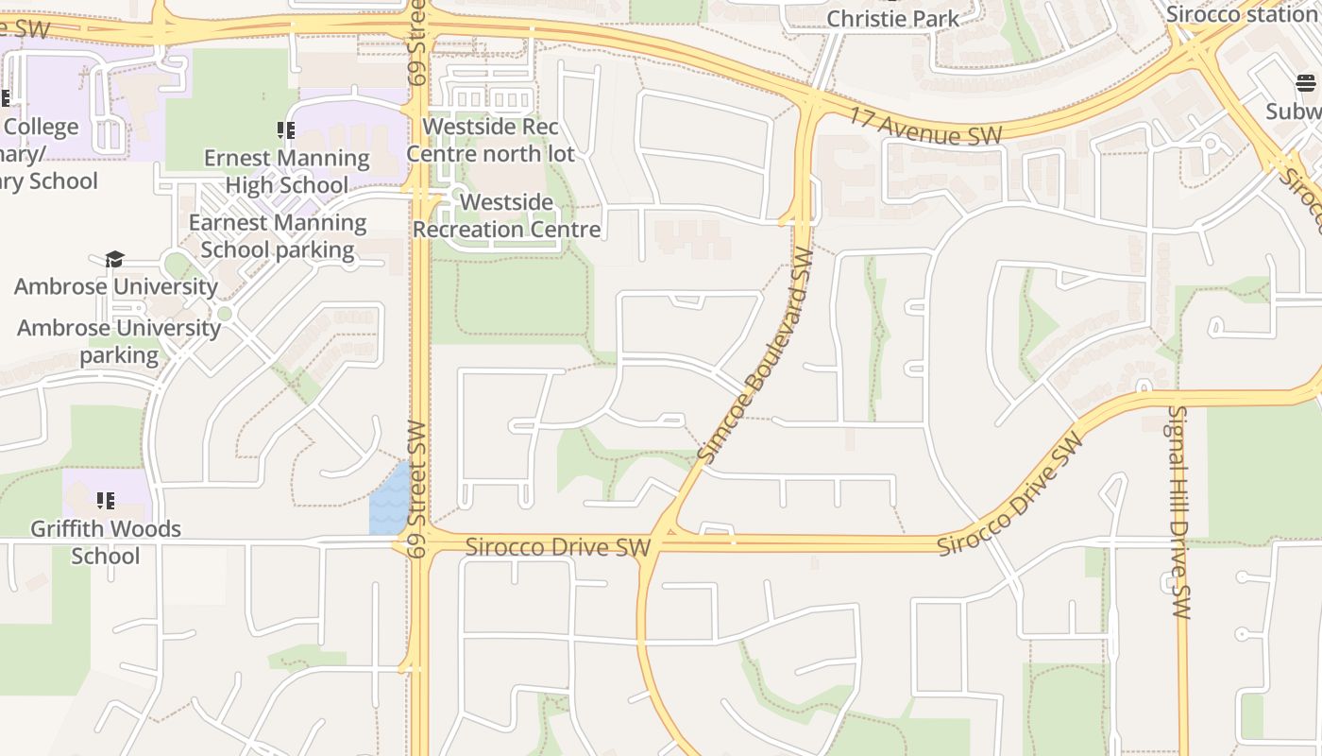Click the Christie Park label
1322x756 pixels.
tap(892, 18)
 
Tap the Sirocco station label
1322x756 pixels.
tap(1241, 14)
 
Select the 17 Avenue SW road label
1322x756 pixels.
tap(925, 128)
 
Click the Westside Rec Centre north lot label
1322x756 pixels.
tap(490, 140)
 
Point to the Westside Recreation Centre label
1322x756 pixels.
tap(506, 215)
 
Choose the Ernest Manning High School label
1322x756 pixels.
tap(286, 171)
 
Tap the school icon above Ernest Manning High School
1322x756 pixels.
tap(286, 130)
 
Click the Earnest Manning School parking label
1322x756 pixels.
tap(277, 236)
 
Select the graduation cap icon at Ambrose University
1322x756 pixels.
tap(114, 259)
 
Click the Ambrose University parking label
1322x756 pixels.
tap(119, 341)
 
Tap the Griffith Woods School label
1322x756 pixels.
tap(105, 541)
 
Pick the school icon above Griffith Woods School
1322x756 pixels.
tap(105, 500)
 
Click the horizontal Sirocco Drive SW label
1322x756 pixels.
tap(557, 547)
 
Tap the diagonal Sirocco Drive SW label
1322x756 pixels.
tap(1008, 494)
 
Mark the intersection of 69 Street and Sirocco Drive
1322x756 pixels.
tap(419, 542)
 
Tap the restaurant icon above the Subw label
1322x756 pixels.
tap(1306, 83)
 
